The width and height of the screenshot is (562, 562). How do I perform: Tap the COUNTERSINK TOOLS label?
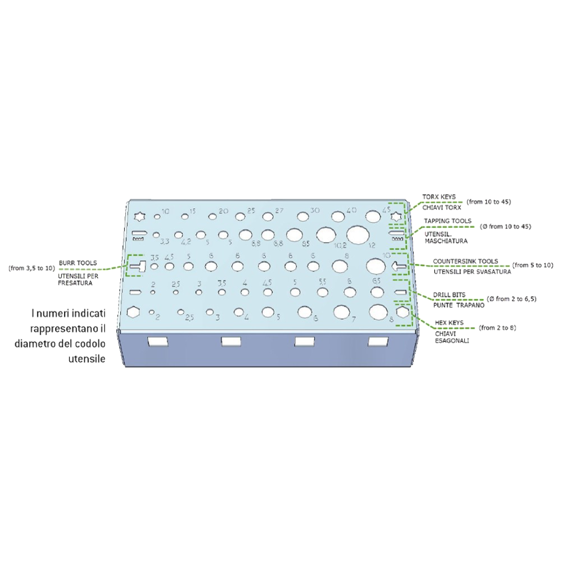pos(465,261)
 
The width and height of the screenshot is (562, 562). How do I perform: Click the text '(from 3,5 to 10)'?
pos(32,269)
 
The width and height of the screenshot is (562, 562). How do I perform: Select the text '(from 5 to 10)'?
pos(532,265)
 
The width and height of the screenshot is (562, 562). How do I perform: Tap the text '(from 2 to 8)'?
pos(497,328)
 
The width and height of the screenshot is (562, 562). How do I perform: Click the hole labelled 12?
pos(357,235)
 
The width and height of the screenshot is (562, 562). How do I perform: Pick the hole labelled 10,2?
pos(326,235)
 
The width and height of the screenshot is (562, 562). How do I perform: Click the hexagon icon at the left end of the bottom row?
pos(134,312)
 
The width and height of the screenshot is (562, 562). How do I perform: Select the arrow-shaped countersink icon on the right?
pos(399,266)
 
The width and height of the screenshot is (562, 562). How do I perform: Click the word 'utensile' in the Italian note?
pos(86,359)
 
